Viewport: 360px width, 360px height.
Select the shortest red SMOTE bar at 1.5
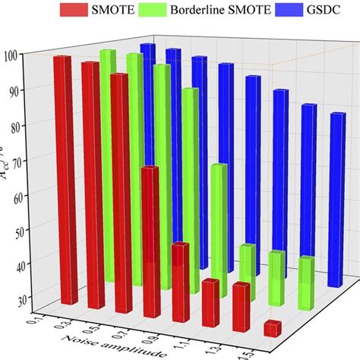pos(272,328)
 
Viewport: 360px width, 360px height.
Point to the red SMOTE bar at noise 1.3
pos(242,304)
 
